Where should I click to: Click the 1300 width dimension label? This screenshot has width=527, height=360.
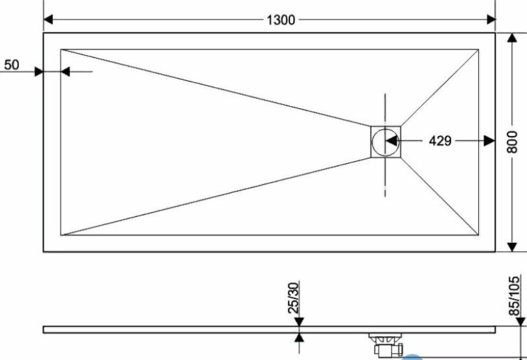pyautogui.click(x=280, y=20)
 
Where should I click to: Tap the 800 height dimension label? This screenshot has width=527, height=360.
pyautogui.click(x=512, y=142)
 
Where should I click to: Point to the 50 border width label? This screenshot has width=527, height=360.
pyautogui.click(x=12, y=65)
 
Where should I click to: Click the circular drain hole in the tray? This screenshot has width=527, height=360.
pyautogui.click(x=385, y=142)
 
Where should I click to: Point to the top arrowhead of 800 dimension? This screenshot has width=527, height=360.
pyautogui.click(x=512, y=38)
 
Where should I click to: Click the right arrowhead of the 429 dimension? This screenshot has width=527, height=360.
pyautogui.click(x=489, y=141)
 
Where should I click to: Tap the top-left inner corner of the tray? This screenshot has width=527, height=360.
pyautogui.click(x=61, y=50)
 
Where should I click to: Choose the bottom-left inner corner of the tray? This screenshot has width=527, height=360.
pyautogui.click(x=61, y=234)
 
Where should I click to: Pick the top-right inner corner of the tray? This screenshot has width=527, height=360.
pyautogui.click(x=478, y=50)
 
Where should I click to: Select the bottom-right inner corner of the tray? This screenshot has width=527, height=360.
pyautogui.click(x=478, y=234)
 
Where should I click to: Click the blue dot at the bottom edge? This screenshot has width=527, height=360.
pyautogui.click(x=413, y=357)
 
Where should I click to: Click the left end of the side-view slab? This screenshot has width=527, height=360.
pyautogui.click(x=45, y=329)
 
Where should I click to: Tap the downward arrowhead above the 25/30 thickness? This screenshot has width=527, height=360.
pyautogui.click(x=300, y=322)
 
